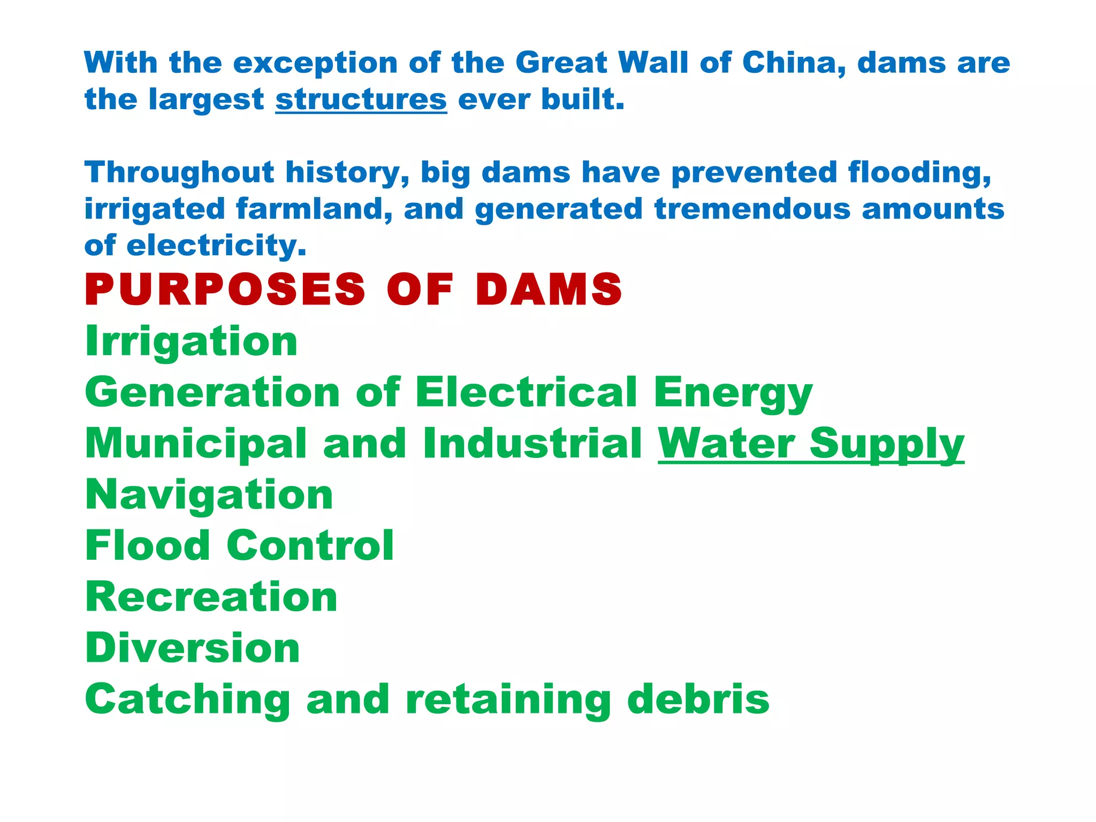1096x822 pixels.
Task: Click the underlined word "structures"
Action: pyautogui.click(x=361, y=100)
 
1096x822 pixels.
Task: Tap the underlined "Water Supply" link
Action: pyautogui.click(x=811, y=444)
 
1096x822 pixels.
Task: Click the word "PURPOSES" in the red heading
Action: pyautogui.click(x=225, y=290)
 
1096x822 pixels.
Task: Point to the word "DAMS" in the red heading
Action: pyautogui.click(x=549, y=290)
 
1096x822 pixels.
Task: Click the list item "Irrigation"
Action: pyautogui.click(x=191, y=341)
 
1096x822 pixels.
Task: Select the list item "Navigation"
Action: pyautogui.click(x=209, y=495)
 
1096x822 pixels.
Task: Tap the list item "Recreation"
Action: pyautogui.click(x=211, y=597)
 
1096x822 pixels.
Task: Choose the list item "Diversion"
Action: pyautogui.click(x=193, y=648)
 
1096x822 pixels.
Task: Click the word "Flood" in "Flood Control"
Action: pyautogui.click(x=148, y=546)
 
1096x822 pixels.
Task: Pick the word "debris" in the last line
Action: pyautogui.click(x=698, y=699)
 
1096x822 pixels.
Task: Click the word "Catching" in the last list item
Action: pyautogui.click(x=188, y=700)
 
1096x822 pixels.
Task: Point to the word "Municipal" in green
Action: pyautogui.click(x=196, y=445)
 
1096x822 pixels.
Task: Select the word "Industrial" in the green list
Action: pyautogui.click(x=532, y=444)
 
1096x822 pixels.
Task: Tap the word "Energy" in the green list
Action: pyautogui.click(x=733, y=393)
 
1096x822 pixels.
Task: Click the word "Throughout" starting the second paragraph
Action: pyautogui.click(x=179, y=173)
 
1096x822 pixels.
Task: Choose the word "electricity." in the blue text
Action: pyautogui.click(x=216, y=246)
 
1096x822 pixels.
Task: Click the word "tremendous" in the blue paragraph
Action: pyautogui.click(x=752, y=209)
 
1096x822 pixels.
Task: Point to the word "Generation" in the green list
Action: pyautogui.click(x=212, y=392)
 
